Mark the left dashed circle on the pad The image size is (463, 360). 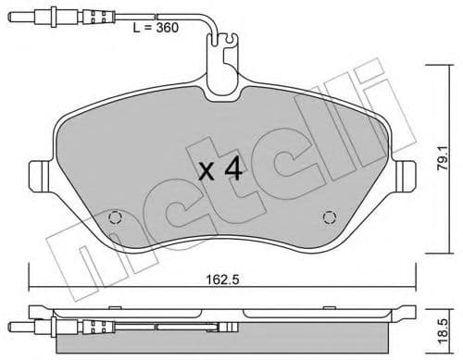115,218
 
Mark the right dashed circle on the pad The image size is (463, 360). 328,218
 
